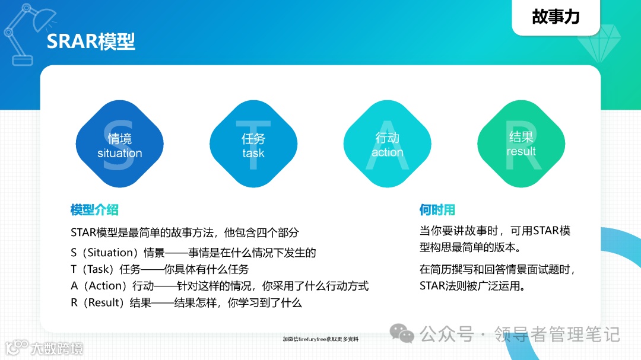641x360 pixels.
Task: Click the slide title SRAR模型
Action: click(x=91, y=42)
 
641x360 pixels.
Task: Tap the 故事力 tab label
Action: click(x=556, y=17)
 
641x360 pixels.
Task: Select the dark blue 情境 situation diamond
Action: click(x=120, y=145)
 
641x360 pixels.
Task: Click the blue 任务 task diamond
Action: click(x=253, y=145)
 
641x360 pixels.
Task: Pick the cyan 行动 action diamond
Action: click(x=388, y=145)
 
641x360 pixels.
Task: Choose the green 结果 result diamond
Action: click(x=521, y=144)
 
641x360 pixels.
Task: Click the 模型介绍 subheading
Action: click(x=94, y=209)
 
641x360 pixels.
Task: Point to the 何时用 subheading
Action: click(x=437, y=209)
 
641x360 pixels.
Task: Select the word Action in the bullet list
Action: click(x=104, y=286)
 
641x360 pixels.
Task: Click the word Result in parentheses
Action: click(x=102, y=302)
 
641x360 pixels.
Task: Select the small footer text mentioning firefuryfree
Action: click(x=320, y=339)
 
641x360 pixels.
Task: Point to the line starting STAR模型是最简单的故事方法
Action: click(x=185, y=232)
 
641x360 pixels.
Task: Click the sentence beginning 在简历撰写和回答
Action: click(x=497, y=269)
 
